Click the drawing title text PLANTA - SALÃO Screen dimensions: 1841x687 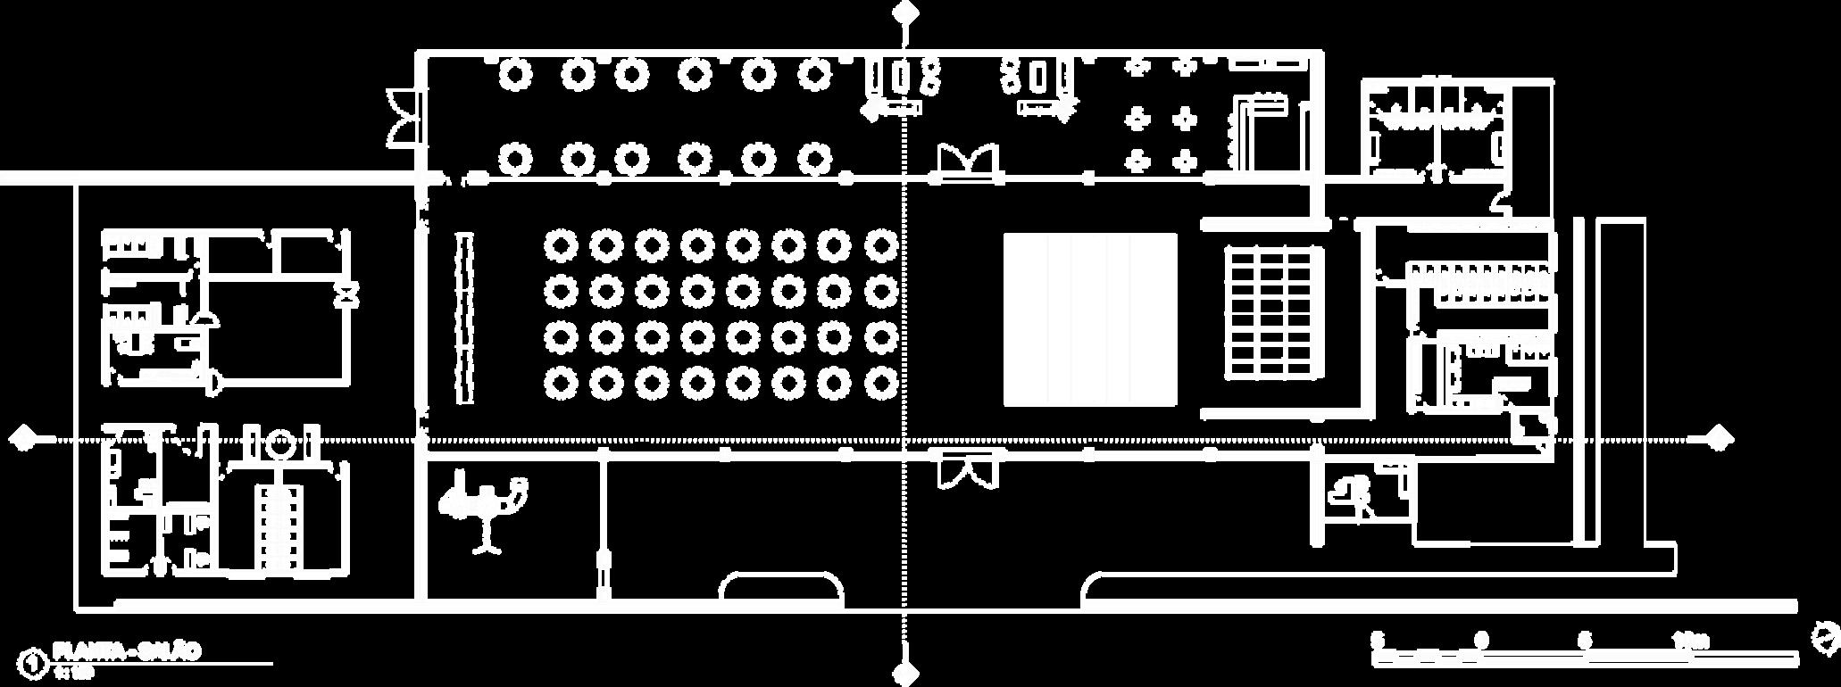127,650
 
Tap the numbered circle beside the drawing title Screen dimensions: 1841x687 34,663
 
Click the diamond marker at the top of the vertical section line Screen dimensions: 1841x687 906,12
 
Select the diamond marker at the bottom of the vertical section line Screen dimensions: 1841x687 906,674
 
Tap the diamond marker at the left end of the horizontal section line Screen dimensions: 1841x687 23,438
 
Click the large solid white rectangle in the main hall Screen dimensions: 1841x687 1090,319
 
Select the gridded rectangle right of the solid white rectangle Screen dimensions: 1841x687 1272,312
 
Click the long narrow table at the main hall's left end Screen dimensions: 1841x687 464,318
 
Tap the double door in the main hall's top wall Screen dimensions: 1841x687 966,162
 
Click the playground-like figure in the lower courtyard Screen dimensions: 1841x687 482,509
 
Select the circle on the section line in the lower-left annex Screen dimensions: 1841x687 280,442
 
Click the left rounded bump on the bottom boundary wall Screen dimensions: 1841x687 781,589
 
